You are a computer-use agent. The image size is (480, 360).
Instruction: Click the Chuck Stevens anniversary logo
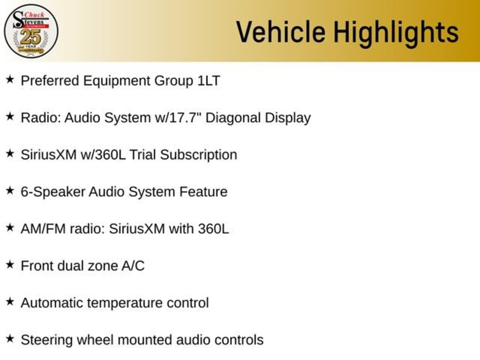31,31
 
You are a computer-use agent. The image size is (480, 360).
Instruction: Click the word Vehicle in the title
280,32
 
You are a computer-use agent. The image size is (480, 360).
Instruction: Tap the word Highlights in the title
396,32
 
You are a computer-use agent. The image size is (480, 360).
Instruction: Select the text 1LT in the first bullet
208,81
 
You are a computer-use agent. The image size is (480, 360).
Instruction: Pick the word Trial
143,155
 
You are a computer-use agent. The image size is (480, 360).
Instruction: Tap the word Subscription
199,155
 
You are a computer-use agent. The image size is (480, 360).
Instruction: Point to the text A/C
133,266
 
